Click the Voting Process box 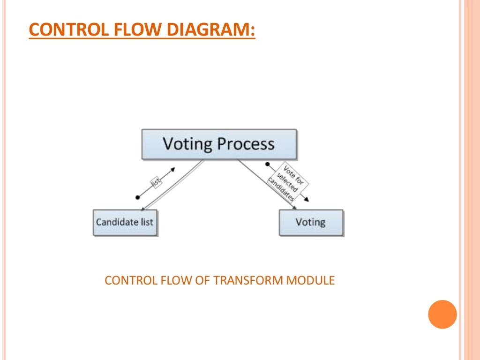click(219, 144)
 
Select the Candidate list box click(125, 222)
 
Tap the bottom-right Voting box click(311, 222)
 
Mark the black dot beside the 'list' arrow click(137, 197)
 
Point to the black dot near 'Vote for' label click(268, 164)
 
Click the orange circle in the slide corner click(442, 314)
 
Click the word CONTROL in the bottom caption click(124, 281)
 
